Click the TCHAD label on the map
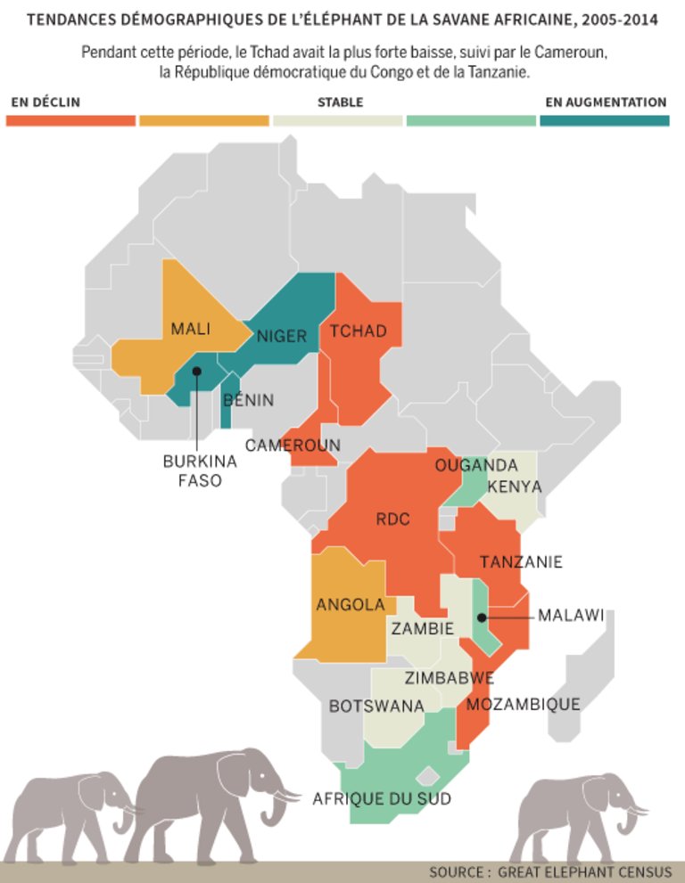click(x=359, y=331)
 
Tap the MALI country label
click(x=191, y=329)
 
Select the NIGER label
click(x=282, y=336)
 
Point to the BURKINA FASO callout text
click(x=199, y=470)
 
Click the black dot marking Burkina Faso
click(x=197, y=371)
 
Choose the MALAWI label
click(x=571, y=616)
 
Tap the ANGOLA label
click(x=351, y=605)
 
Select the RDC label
click(x=392, y=519)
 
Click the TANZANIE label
click(x=521, y=562)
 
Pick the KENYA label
click(x=514, y=487)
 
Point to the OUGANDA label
click(x=476, y=465)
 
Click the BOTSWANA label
click(x=376, y=707)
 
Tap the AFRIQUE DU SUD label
click(x=382, y=798)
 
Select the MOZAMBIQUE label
click(x=523, y=705)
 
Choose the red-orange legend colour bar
click(x=70, y=120)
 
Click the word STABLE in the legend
click(x=340, y=102)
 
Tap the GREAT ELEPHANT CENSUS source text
click(x=580, y=871)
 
